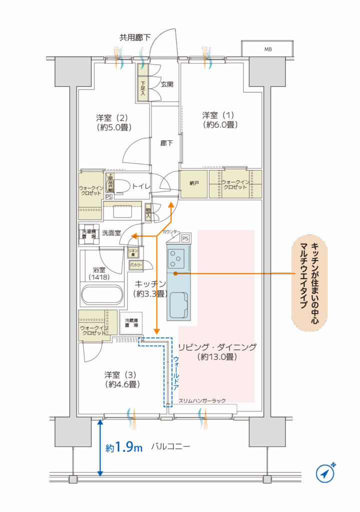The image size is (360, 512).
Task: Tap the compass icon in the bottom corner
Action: coord(325,472)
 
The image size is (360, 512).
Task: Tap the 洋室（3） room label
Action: coord(121,379)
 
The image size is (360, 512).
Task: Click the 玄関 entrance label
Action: coord(167,84)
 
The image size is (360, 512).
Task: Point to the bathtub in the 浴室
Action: coord(101,294)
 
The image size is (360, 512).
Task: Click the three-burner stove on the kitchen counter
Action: coord(176,258)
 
